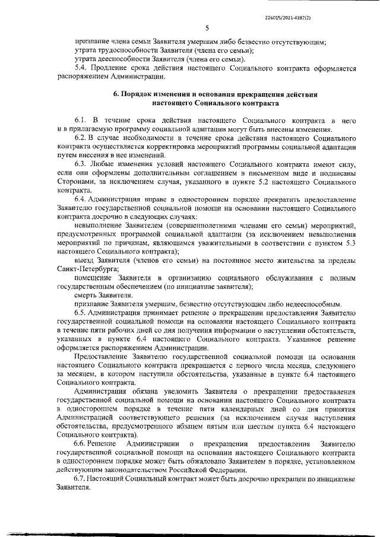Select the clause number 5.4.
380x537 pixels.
(81, 69)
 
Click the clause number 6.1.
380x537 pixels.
(81, 120)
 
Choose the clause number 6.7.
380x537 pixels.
(81, 478)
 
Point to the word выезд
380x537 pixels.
(86, 262)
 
